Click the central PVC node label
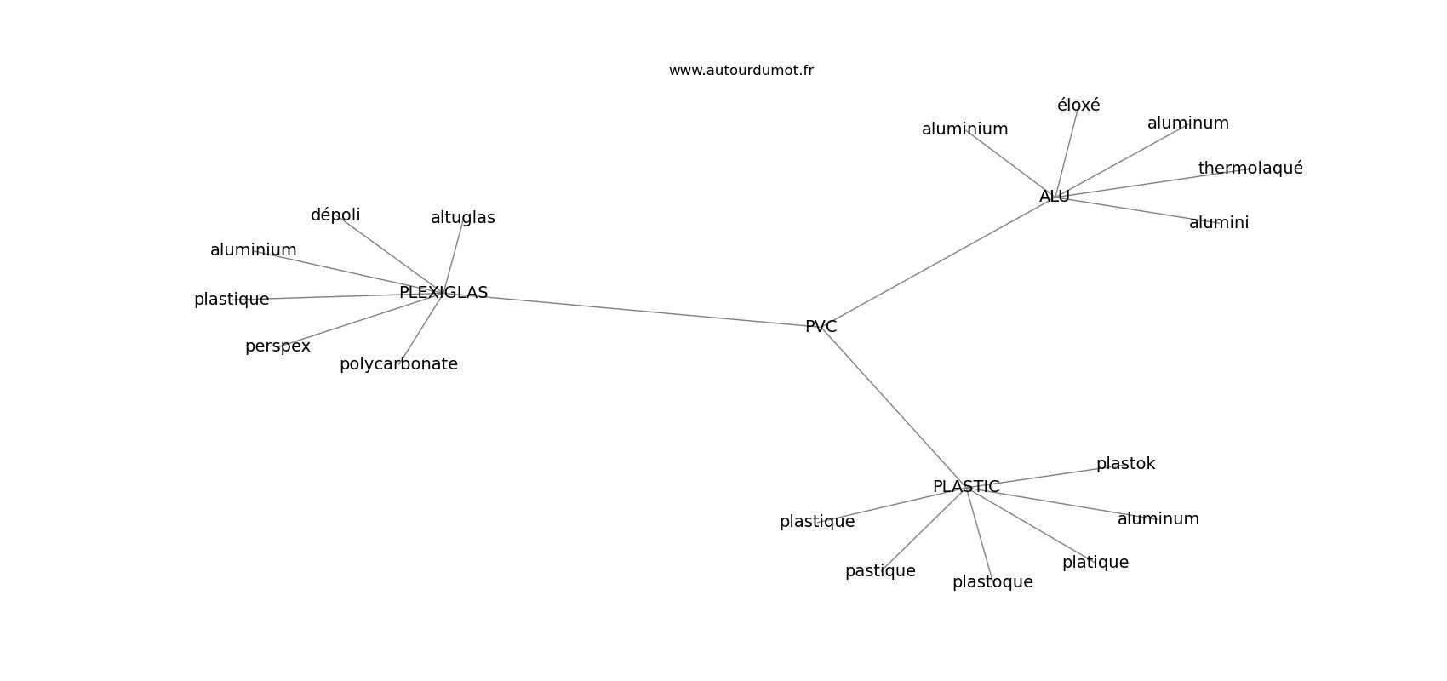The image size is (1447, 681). (x=821, y=327)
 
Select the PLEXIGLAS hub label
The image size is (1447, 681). (x=443, y=293)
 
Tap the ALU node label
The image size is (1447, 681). (x=1055, y=197)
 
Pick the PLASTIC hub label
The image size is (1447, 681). (x=966, y=487)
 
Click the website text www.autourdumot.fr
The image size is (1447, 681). (x=741, y=71)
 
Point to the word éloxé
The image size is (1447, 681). (x=1078, y=105)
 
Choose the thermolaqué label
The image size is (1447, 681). (x=1250, y=168)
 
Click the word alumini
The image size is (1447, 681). (x=1219, y=223)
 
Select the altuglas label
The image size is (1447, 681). (x=463, y=218)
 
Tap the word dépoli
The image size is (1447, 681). (x=335, y=215)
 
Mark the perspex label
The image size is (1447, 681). (x=277, y=346)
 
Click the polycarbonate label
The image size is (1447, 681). (x=398, y=364)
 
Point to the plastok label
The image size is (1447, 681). (x=1126, y=463)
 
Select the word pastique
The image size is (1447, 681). (x=880, y=571)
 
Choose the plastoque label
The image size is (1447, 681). (x=992, y=582)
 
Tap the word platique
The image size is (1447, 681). (x=1095, y=562)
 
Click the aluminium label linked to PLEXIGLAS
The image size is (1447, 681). (x=254, y=250)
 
